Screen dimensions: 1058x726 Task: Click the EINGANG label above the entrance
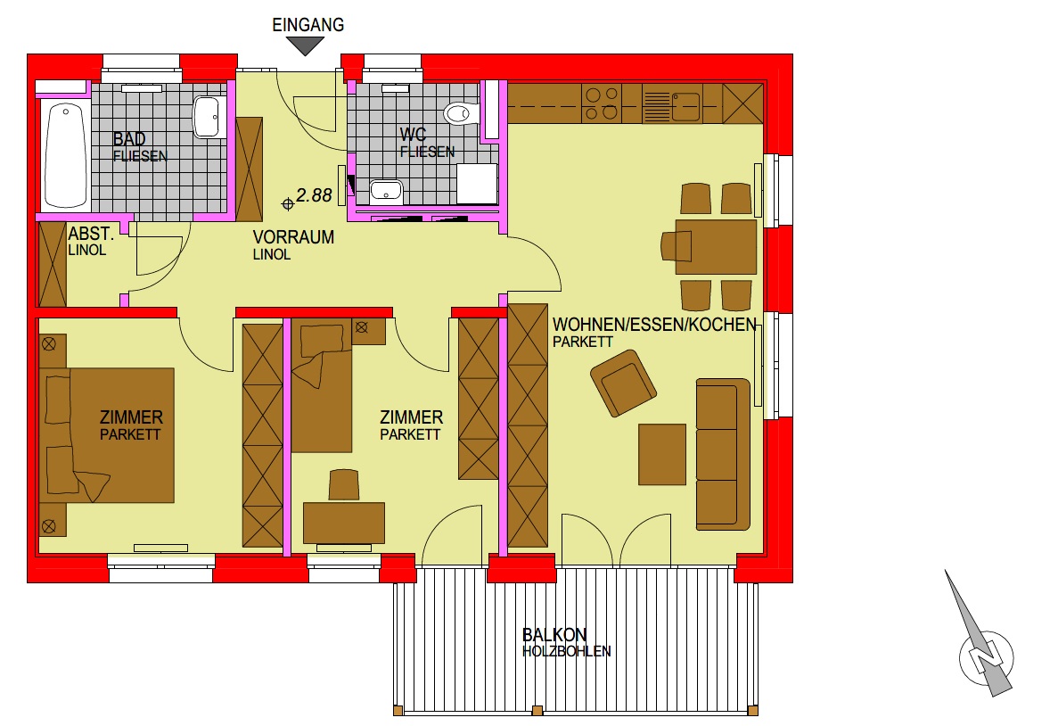click(x=308, y=25)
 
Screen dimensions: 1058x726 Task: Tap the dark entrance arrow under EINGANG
click(x=306, y=45)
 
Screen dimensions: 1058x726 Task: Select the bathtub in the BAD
click(x=65, y=155)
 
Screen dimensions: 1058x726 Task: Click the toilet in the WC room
click(x=461, y=112)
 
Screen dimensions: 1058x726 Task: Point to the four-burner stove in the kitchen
click(x=602, y=103)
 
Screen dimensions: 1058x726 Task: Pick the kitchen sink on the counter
click(x=685, y=106)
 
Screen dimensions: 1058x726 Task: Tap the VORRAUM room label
click(x=293, y=237)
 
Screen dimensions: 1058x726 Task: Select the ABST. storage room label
click(x=91, y=235)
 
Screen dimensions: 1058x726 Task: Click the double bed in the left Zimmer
click(x=107, y=435)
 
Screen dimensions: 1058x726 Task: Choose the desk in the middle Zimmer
click(x=344, y=523)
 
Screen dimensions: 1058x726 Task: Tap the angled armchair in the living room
click(x=623, y=383)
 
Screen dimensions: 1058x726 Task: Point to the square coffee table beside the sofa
click(x=662, y=455)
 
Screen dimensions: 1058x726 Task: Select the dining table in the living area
click(x=716, y=246)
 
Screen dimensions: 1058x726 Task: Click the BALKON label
click(x=554, y=635)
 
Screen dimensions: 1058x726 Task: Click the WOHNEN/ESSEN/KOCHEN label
click(x=654, y=325)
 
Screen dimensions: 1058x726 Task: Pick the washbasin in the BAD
click(x=209, y=117)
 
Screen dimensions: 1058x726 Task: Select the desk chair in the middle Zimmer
click(x=344, y=485)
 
